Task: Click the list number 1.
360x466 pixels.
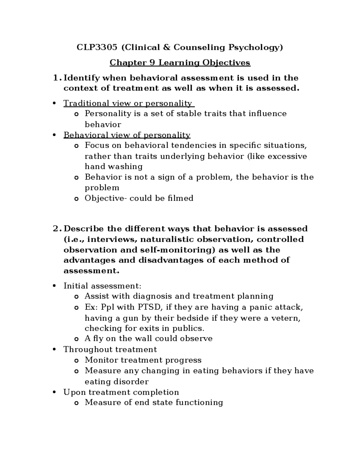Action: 55,78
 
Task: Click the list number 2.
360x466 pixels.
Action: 55,229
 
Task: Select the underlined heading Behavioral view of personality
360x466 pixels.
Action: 127,135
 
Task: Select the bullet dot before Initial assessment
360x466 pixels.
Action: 54,286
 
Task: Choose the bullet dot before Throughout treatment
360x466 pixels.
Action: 54,350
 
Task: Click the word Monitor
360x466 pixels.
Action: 101,360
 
